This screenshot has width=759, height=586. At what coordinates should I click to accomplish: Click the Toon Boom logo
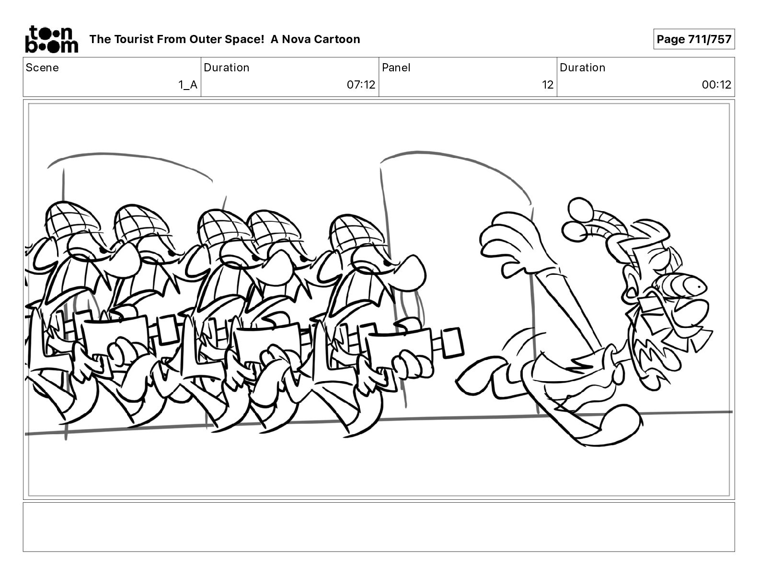pos(52,39)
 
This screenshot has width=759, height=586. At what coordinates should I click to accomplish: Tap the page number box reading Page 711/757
pos(694,39)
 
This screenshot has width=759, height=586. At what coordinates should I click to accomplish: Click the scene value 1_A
pos(188,85)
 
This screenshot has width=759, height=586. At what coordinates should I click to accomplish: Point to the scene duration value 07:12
pos(361,85)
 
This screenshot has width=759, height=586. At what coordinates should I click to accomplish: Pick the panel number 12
pos(547,85)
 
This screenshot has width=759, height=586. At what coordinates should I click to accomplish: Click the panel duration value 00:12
pos(716,85)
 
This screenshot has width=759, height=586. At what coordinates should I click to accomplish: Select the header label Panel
pos(396,68)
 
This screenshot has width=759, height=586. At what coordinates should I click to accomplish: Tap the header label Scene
pos(42,68)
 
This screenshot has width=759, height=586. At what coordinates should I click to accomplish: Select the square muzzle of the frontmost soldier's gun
pos(452,343)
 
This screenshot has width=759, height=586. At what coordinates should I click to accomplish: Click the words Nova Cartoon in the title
pos(321,39)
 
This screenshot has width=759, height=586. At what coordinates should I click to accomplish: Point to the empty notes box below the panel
pos(379,527)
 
